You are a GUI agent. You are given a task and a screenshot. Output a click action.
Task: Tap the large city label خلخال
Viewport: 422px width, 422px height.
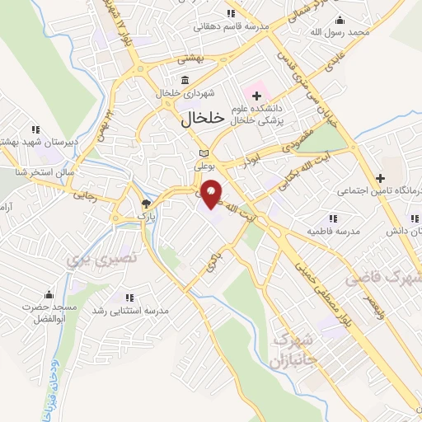202,119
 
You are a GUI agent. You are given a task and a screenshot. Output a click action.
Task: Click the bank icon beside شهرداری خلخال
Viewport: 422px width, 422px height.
183,80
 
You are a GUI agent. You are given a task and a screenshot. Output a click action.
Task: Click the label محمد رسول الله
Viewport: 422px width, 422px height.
350,31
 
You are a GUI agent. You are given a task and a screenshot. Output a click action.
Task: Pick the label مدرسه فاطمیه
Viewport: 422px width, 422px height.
334,232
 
